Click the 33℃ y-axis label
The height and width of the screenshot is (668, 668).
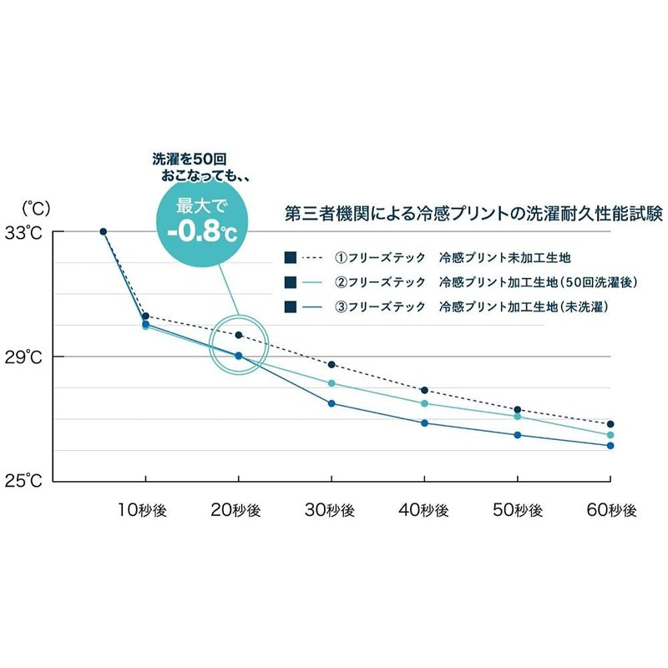click(23, 233)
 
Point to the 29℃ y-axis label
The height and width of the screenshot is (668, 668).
click(23, 357)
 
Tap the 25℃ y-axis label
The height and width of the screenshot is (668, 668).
click(23, 481)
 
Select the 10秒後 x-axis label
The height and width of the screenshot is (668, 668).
click(142, 510)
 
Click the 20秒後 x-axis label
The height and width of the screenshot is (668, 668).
click(235, 510)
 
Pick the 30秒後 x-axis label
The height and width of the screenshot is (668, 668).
click(330, 510)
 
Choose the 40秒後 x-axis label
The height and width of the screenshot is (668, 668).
click(423, 510)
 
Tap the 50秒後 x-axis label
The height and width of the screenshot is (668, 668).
click(518, 510)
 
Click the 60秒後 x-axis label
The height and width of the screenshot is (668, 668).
click(611, 510)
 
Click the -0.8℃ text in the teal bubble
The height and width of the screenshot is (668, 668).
click(202, 232)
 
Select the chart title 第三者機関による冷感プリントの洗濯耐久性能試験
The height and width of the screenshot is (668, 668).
click(473, 214)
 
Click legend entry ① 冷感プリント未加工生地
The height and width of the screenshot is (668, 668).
click(428, 258)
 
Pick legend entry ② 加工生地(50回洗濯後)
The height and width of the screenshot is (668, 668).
click(461, 282)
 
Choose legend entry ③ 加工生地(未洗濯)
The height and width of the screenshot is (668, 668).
click(446, 306)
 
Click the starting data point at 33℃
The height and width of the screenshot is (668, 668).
click(103, 231)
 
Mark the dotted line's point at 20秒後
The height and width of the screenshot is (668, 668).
click(239, 335)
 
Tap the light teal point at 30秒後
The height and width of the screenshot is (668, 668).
click(331, 383)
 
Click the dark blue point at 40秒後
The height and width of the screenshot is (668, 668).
click(424, 423)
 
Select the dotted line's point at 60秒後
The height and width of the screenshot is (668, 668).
click(610, 424)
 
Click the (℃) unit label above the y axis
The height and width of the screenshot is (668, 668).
click(36, 208)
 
